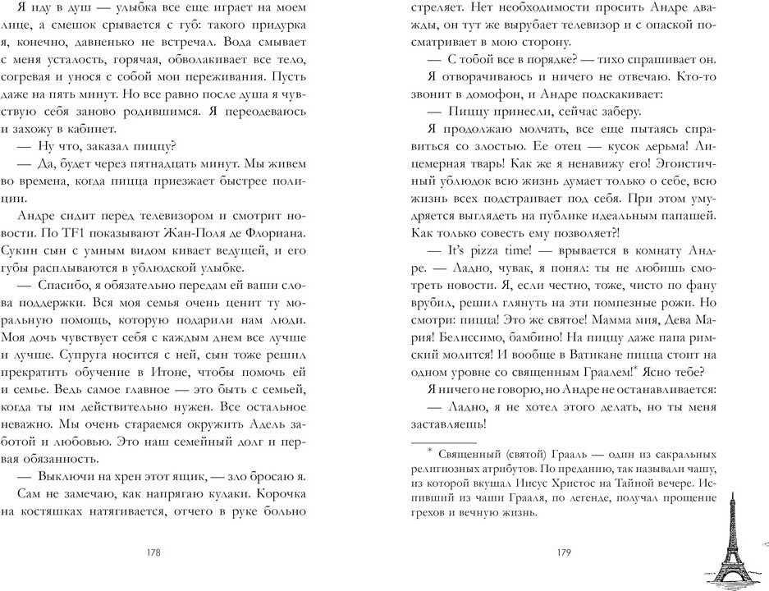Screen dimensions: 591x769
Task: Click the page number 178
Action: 153,552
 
